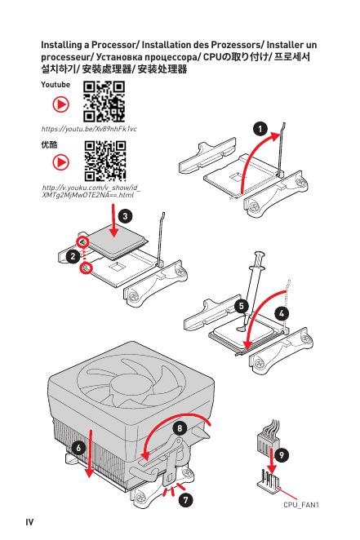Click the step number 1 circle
click(260, 129)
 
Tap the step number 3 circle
click(125, 216)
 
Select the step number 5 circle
click(241, 306)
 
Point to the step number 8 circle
click(180, 428)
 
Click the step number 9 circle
click(282, 455)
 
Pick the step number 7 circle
click(185, 499)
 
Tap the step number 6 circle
click(78, 448)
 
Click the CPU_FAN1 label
click(300, 505)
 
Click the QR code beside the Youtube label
click(104, 102)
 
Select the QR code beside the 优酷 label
click(105, 161)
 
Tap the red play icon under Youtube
click(60, 104)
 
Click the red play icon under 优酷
click(60, 162)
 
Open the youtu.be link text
click(89, 129)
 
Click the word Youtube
click(56, 85)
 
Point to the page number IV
click(29, 522)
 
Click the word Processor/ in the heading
click(115, 45)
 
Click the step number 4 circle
click(282, 314)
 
